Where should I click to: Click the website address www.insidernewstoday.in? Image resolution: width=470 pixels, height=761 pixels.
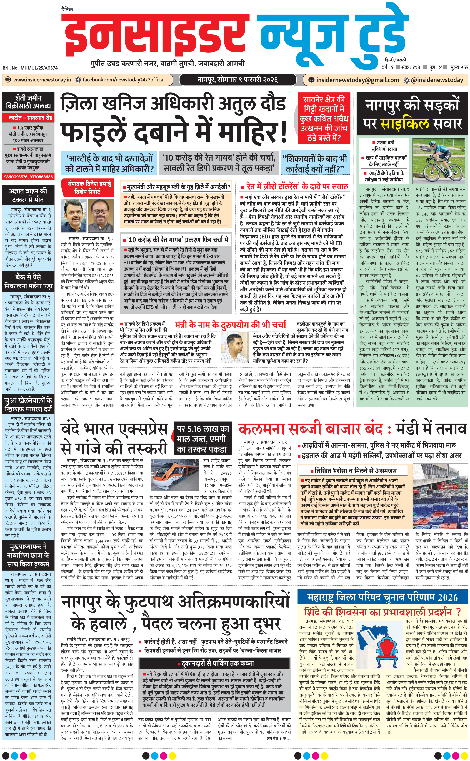pyautogui.click(x=42, y=80)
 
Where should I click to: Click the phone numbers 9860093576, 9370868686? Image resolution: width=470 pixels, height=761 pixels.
pyautogui.click(x=28, y=177)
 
